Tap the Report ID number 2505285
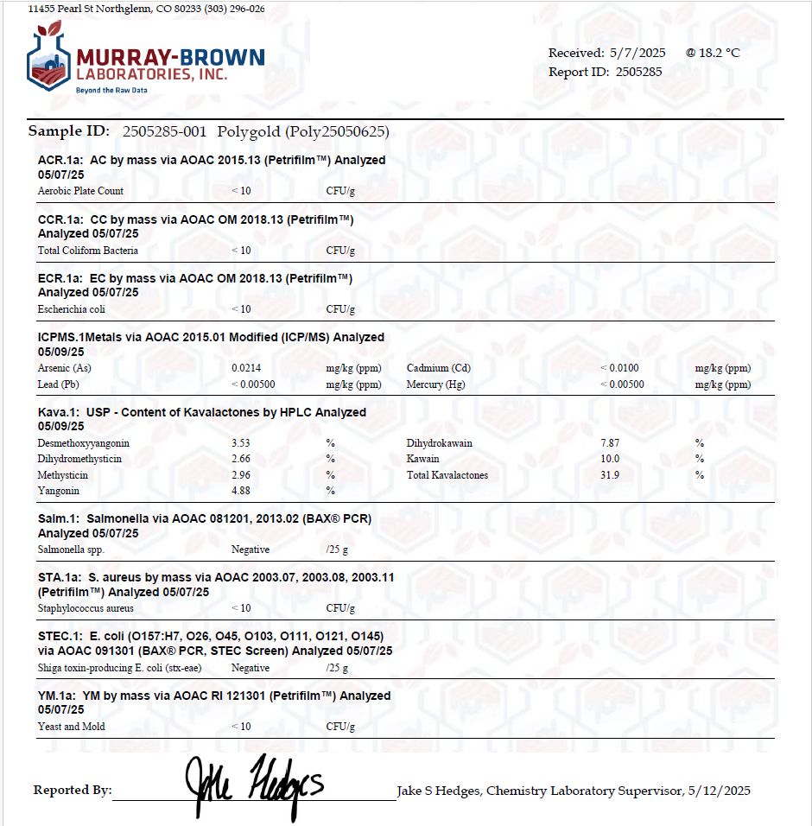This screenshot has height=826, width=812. pos(639,72)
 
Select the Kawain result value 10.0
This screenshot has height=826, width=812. pos(610,459)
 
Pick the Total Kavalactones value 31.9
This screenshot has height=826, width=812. pos(610,475)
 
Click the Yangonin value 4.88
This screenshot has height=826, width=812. pos(241,491)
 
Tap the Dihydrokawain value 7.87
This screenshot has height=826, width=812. pos(610,443)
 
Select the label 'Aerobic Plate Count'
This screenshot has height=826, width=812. pos(80,191)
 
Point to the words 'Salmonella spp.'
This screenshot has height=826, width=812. pos(72,550)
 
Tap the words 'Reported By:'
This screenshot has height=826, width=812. pos(73,791)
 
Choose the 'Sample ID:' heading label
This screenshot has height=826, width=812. pos(69,131)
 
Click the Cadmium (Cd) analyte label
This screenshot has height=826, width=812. pos(439,368)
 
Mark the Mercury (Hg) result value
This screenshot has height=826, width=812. pos(622,384)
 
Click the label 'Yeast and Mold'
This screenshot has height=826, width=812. pos(72,727)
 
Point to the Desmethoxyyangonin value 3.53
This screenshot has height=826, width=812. pos(241,443)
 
